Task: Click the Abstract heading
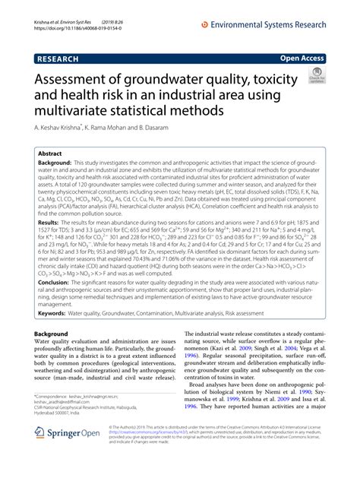55,153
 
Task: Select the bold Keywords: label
58,312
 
